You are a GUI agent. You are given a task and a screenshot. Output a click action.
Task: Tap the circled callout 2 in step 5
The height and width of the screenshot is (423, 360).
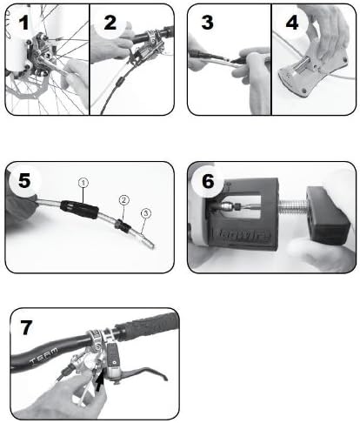pyautogui.click(x=124, y=199)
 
